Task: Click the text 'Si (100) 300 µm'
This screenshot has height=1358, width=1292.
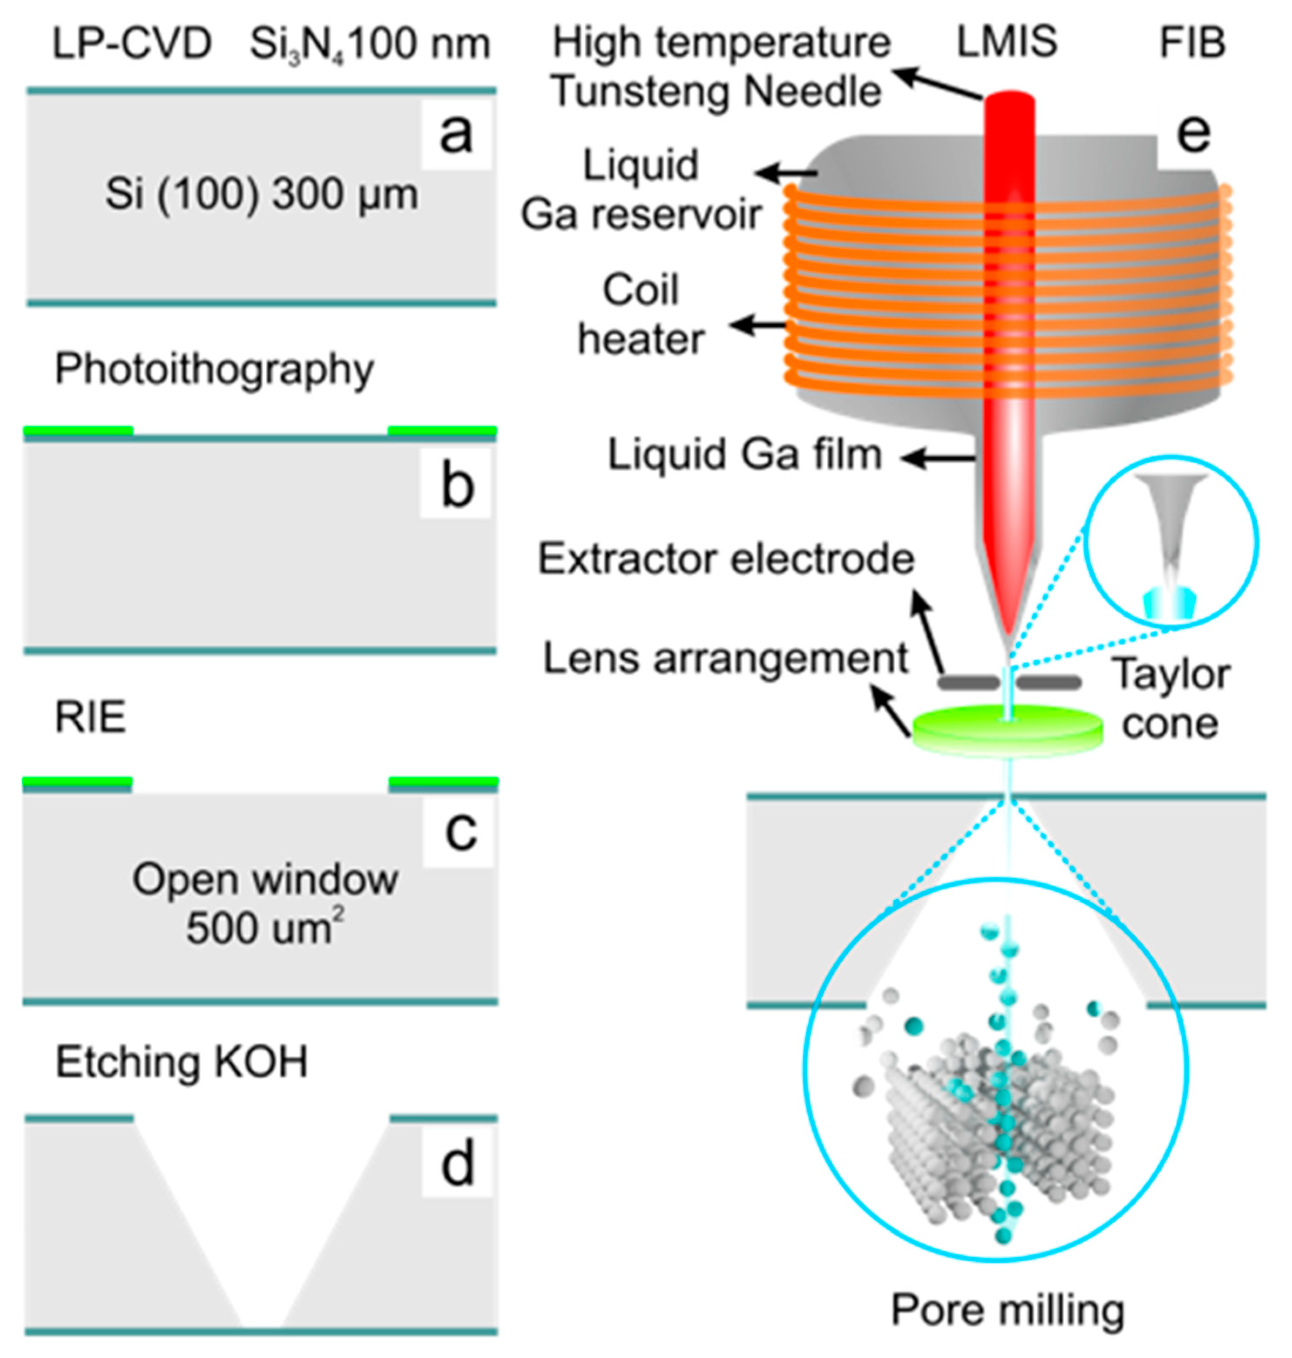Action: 262,195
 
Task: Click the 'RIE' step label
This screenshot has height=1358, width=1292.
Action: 90,719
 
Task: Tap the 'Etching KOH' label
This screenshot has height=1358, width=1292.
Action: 182,1063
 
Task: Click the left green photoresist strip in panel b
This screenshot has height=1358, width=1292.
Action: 78,430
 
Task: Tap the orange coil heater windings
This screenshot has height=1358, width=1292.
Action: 895,289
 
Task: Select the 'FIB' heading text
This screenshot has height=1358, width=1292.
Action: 1193,43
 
